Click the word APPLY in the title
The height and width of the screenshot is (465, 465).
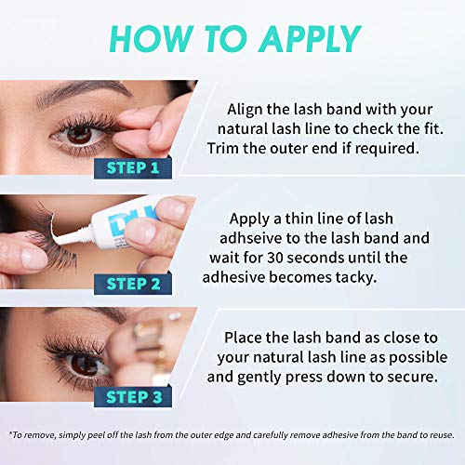[310, 38]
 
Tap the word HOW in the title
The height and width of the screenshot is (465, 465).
[151, 38]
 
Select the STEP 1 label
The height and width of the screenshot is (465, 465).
[133, 168]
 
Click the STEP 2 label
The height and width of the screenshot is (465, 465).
[133, 284]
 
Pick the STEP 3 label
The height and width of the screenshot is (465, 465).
[133, 397]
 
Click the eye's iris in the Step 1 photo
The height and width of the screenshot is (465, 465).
[79, 135]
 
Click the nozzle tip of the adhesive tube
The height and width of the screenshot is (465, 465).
[53, 239]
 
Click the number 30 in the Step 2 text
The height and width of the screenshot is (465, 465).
[275, 258]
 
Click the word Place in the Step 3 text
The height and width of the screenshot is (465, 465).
[243, 338]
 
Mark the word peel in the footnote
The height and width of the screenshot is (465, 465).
[96, 435]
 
